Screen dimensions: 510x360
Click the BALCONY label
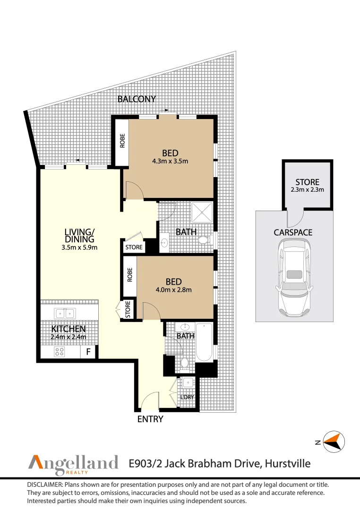click(137, 99)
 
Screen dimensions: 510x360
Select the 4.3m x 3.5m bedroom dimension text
click(170, 161)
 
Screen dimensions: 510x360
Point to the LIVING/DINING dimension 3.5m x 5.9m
click(80, 247)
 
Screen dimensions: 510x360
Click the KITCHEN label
click(69, 329)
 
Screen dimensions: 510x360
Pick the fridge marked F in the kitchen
click(88, 352)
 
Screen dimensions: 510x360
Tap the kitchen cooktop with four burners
click(60, 352)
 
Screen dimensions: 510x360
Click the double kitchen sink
click(64, 313)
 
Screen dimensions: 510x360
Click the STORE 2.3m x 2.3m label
click(307, 186)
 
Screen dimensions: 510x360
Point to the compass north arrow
click(333, 442)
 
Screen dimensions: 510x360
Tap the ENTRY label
click(150, 419)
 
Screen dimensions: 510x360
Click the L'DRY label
click(187, 397)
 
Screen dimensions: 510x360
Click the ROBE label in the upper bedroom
click(122, 141)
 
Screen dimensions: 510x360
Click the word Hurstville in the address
click(288, 463)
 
